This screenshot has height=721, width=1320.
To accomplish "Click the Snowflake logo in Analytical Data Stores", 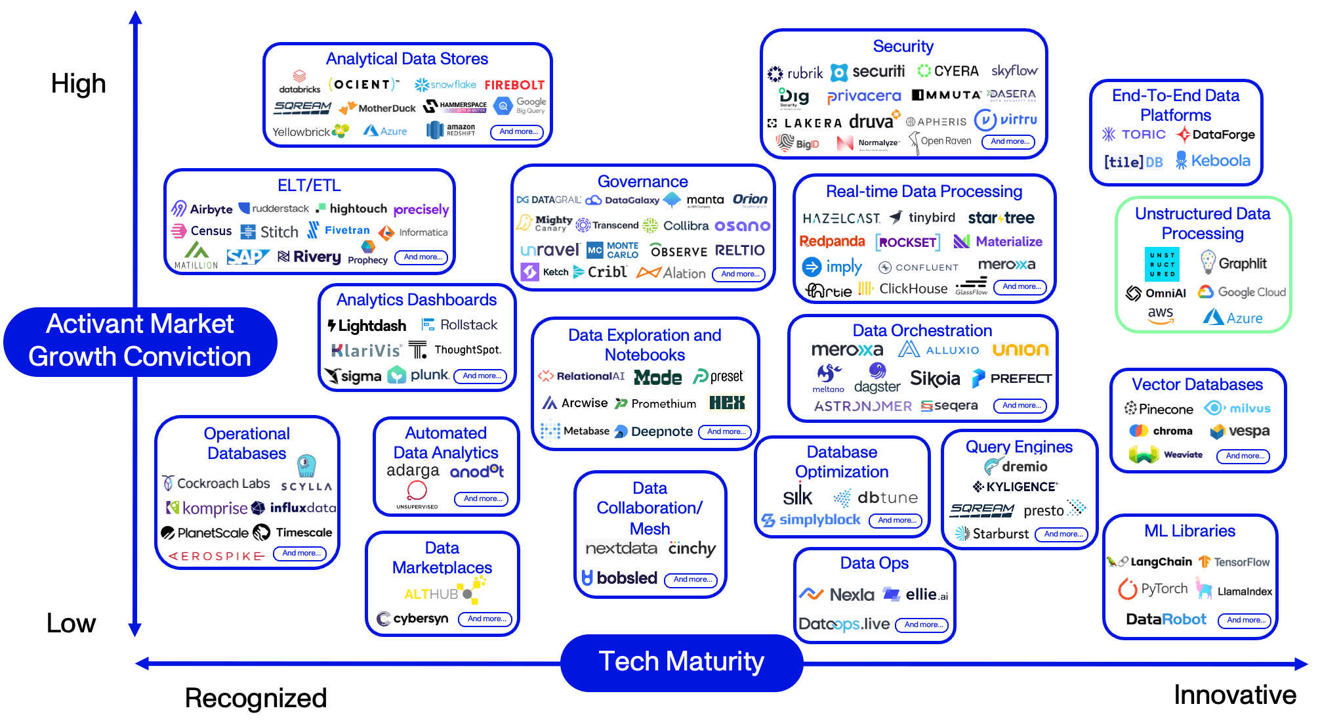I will click(445, 85).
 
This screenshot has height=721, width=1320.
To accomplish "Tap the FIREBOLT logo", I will click(514, 85).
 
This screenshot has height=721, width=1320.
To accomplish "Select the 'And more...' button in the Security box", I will click(1008, 141).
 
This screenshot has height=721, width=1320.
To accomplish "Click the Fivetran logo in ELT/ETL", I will click(340, 230).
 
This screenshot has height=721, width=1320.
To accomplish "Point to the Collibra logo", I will click(676, 226).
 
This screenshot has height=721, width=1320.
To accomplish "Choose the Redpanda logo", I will click(832, 242).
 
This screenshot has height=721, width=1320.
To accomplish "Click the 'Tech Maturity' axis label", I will click(681, 661).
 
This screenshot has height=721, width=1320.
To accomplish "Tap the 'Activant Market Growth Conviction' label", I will click(140, 341).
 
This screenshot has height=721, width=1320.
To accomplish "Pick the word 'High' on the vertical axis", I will click(78, 84).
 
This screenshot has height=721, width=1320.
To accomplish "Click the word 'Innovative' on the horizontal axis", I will click(1235, 695).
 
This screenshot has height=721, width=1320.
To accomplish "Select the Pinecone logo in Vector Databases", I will click(1159, 409).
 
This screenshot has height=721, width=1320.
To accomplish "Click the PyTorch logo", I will click(1153, 589).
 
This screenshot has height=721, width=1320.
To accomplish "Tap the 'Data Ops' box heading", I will click(874, 563).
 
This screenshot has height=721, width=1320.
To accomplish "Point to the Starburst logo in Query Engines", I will click(992, 534).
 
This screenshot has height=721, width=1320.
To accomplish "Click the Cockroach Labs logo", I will click(217, 483).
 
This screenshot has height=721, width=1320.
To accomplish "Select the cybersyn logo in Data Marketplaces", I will click(413, 619).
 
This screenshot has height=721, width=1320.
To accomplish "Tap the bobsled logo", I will click(619, 578).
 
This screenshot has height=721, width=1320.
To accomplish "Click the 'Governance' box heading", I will click(642, 182).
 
